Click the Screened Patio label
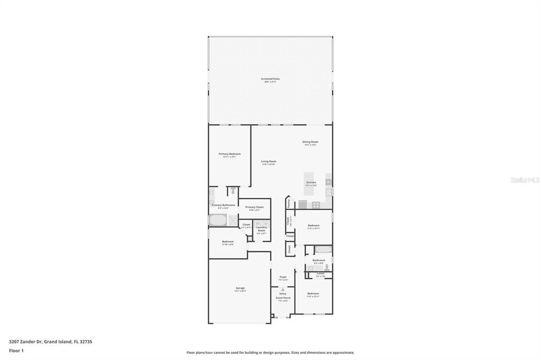(270, 79)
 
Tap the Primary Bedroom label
(229, 154)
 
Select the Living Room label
(268, 162)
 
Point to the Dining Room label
(310, 141)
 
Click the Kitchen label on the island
(311, 183)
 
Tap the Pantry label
(288, 202)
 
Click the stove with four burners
(316, 205)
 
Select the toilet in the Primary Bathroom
(232, 191)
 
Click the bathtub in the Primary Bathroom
(217, 220)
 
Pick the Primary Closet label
(254, 207)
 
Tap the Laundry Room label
(262, 229)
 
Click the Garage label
(240, 288)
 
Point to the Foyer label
(283, 277)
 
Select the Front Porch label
(283, 298)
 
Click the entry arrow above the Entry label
(283, 289)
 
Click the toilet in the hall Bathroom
(327, 267)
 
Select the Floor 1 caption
(16, 350)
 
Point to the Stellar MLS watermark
(525, 180)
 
